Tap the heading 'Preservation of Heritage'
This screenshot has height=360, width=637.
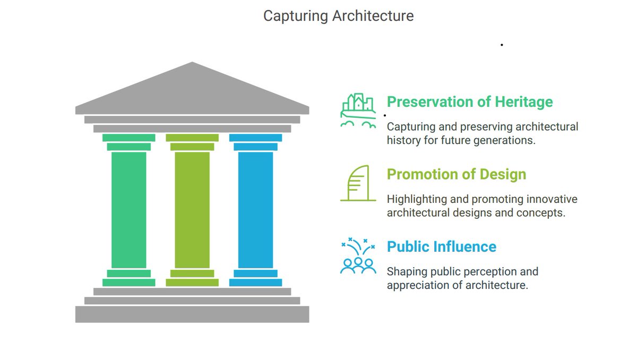[x=470, y=102]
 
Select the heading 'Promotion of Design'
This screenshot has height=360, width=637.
[x=457, y=174]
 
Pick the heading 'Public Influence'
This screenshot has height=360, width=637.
[x=442, y=246]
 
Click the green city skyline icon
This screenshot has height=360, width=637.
[x=358, y=111]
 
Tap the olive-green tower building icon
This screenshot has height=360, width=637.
[x=358, y=183]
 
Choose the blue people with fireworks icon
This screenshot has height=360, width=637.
[x=358, y=255]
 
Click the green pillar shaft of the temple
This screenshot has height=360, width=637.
[x=129, y=210]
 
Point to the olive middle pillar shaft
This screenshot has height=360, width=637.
[x=192, y=210]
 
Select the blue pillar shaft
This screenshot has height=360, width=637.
[x=256, y=210]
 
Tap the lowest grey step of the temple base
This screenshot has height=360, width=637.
[x=192, y=314]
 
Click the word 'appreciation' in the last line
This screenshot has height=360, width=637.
[x=418, y=286]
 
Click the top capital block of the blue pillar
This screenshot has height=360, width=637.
[x=256, y=138]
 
